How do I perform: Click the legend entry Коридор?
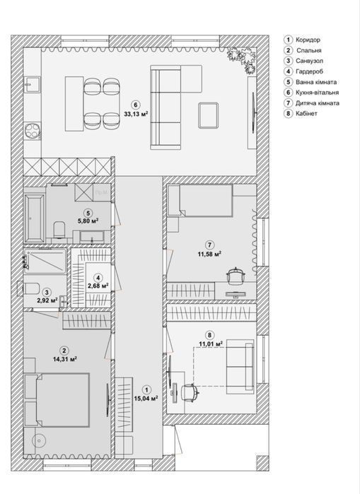coord(308,40)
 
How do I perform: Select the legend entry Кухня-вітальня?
coord(317,93)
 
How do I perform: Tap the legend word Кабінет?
coord(306,113)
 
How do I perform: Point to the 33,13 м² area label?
coord(136,114)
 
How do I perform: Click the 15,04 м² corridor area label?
coord(146,399)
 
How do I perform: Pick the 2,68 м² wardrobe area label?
coord(99,286)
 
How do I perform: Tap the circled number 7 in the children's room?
coord(209,245)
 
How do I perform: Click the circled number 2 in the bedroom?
coord(64,351)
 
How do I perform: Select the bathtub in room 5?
coord(35,218)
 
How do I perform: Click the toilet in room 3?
coord(32,288)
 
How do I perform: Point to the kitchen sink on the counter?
coord(33,84)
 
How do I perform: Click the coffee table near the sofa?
coord(209,115)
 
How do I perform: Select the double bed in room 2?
coord(57,400)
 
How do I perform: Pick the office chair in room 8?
coord(190,392)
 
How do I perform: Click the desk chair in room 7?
coord(236,276)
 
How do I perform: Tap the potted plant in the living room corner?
coord(242,59)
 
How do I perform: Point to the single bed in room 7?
coord(200,201)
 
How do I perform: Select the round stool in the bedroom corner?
coord(39,441)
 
